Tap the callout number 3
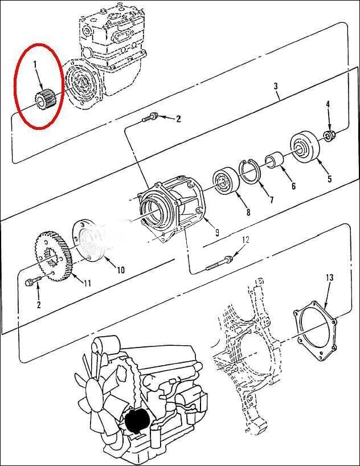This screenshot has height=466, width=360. (276, 86)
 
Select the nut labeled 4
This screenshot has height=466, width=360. (329, 135)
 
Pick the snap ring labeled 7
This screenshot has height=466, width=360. (249, 173)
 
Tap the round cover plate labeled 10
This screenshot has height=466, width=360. (89, 240)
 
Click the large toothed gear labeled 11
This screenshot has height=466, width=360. (53, 256)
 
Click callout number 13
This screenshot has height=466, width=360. (329, 278)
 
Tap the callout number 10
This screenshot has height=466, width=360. (120, 269)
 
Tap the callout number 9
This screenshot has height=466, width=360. (217, 232)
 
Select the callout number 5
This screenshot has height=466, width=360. (329, 178)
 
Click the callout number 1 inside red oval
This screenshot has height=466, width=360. (35, 64)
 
